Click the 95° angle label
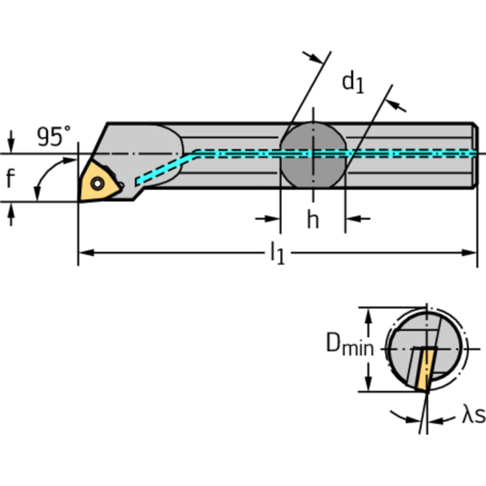tap(53, 136)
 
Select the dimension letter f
tap(10, 179)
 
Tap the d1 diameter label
tap(353, 82)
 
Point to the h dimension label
tap(313, 220)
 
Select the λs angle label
tap(473, 416)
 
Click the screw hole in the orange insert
tap(97, 183)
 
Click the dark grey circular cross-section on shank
tap(314, 155)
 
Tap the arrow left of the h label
tap(272, 219)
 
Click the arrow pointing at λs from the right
tap(437, 419)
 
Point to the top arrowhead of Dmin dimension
tap(368, 314)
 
